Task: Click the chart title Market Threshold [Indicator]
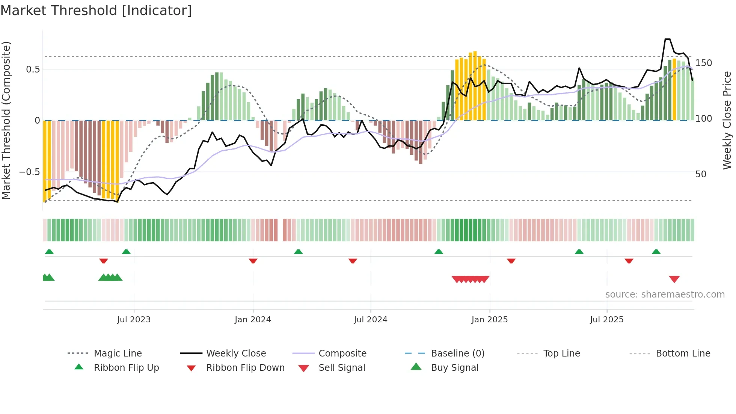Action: point(96,11)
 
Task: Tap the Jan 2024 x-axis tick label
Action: point(253,320)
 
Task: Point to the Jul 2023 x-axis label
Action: point(134,320)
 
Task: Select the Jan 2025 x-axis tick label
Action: point(489,320)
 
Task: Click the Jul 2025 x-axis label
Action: point(606,320)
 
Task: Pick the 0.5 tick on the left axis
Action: point(33,70)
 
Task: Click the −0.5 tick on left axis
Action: point(30,172)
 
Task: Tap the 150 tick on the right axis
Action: point(703,63)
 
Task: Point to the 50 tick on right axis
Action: point(701,174)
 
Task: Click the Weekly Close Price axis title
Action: point(727,120)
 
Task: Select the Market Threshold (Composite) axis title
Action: point(6,120)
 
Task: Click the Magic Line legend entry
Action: point(118,354)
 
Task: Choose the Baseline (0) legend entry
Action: point(457,354)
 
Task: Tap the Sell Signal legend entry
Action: point(341,368)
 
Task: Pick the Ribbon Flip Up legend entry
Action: point(126,368)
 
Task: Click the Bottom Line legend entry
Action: point(683,354)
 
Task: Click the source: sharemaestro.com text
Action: point(665,295)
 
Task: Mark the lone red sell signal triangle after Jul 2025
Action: point(674,279)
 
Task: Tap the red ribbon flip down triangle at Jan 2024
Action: point(253,261)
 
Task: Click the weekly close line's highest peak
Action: point(667,39)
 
